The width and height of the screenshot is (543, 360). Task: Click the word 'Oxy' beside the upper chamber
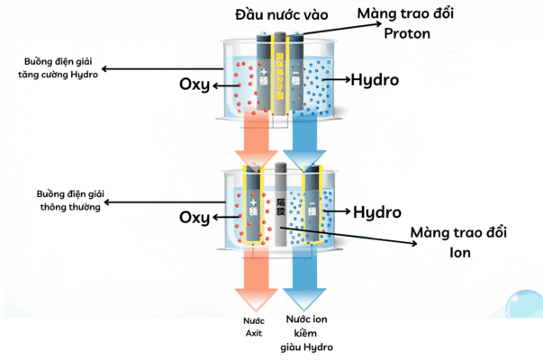point(194,85)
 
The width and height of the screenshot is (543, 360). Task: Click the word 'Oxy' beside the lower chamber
point(194,217)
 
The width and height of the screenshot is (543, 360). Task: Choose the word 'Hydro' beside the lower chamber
point(376,212)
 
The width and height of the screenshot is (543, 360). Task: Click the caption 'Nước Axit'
point(253,327)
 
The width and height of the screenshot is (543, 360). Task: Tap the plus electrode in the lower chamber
point(253,211)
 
